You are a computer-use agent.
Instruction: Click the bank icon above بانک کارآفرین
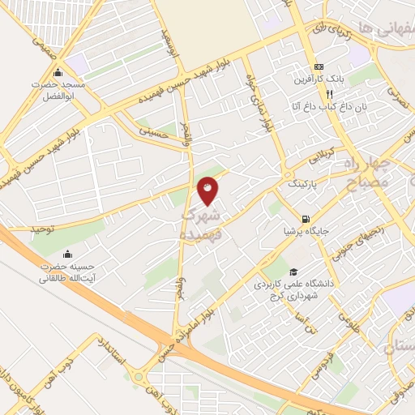[x=319, y=66]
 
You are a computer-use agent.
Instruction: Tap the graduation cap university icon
[x=293, y=272]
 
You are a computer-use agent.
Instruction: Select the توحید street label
[x=42, y=229]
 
